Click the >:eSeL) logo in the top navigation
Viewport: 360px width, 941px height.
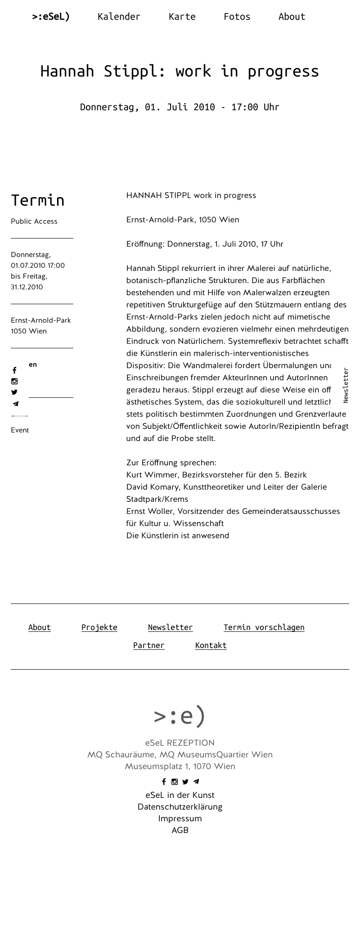pyautogui.click(x=51, y=17)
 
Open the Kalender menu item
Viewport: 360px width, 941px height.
pyautogui.click(x=119, y=17)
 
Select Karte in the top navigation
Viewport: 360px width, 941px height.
pyautogui.click(x=182, y=17)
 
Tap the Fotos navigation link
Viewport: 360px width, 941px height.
pyautogui.click(x=237, y=17)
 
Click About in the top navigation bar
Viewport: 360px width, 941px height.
pyautogui.click(x=292, y=17)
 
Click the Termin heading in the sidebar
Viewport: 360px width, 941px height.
pyautogui.click(x=38, y=200)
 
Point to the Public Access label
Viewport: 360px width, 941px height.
pyautogui.click(x=34, y=221)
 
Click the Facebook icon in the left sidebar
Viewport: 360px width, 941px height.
pyautogui.click(x=14, y=370)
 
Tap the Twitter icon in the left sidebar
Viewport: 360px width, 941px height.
pyautogui.click(x=14, y=392)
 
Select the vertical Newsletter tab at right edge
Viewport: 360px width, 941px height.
pyautogui.click(x=346, y=385)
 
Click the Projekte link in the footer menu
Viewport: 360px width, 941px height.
pyautogui.click(x=99, y=627)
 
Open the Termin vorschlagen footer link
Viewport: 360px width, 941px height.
pyautogui.click(x=264, y=627)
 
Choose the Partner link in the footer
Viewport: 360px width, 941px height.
pyautogui.click(x=148, y=645)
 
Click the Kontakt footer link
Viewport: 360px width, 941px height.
pyautogui.click(x=211, y=645)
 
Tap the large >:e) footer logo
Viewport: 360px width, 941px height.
pyautogui.click(x=180, y=716)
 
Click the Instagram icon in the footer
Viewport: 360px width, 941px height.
pyautogui.click(x=175, y=782)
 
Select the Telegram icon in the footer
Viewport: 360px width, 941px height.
pyautogui.click(x=196, y=782)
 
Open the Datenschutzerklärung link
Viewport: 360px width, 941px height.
pyautogui.click(x=180, y=807)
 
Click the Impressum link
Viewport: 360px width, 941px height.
pyautogui.click(x=180, y=819)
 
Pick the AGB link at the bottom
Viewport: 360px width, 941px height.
pyautogui.click(x=180, y=830)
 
